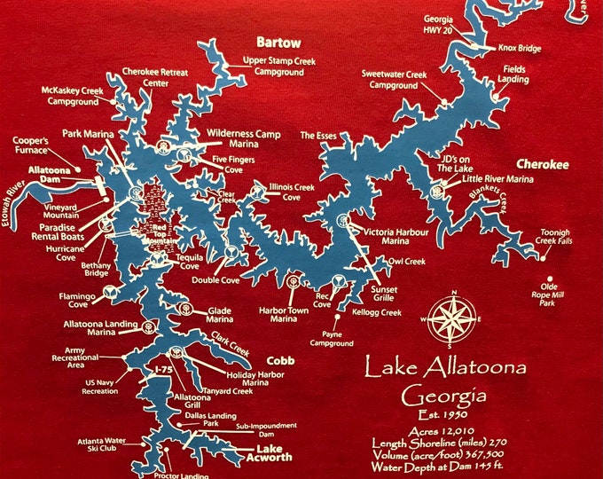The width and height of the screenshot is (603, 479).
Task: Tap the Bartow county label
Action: pos(278,43)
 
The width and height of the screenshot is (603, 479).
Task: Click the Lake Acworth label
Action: pos(268,452)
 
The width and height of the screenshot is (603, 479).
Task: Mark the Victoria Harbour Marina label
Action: pos(395,236)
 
